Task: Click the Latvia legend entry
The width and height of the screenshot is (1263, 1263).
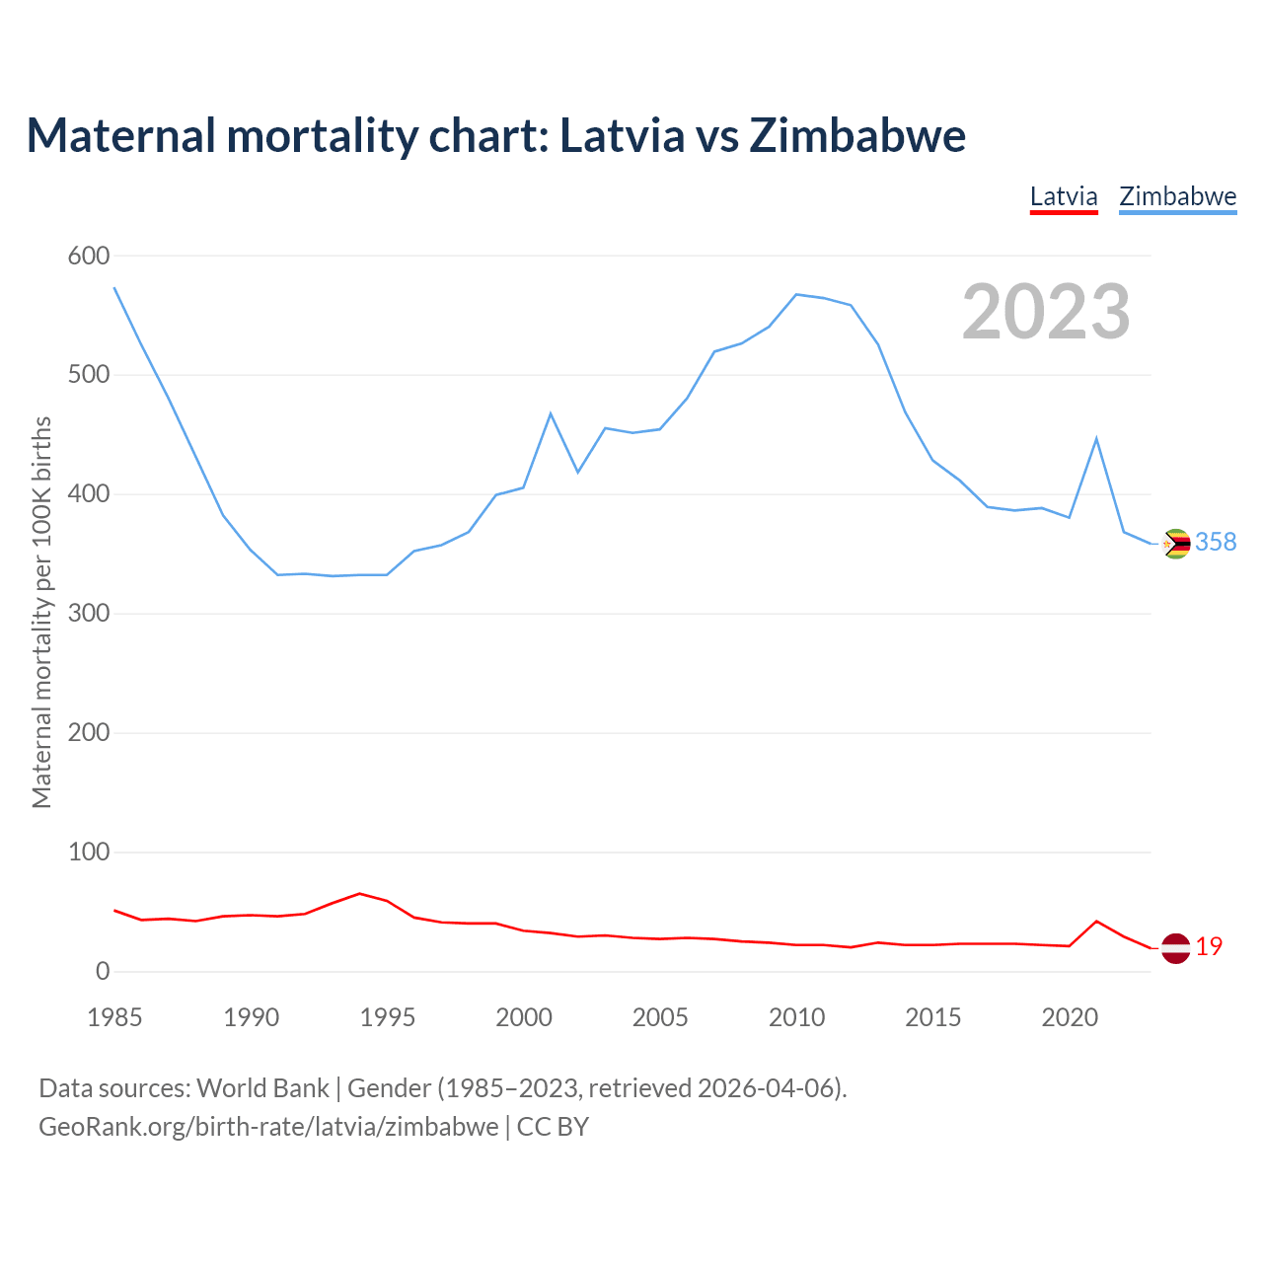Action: pyautogui.click(x=1064, y=196)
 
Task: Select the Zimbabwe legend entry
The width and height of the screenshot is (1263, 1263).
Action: pyautogui.click(x=1177, y=196)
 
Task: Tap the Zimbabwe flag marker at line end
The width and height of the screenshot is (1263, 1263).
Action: pyautogui.click(x=1175, y=544)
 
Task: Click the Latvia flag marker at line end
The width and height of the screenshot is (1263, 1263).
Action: pyautogui.click(x=1175, y=948)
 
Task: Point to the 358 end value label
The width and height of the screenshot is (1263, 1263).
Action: pyautogui.click(x=1216, y=543)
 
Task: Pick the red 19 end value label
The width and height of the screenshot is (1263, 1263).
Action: pyautogui.click(x=1209, y=947)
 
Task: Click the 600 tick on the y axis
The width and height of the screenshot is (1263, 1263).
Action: pyautogui.click(x=88, y=257)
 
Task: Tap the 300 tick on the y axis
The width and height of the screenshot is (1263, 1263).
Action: pyautogui.click(x=88, y=614)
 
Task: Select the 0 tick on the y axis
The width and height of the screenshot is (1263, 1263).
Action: pyautogui.click(x=103, y=972)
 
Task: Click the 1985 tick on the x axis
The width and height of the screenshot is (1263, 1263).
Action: pyautogui.click(x=114, y=1017)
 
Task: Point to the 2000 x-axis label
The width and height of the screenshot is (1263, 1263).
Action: pyautogui.click(x=524, y=1017)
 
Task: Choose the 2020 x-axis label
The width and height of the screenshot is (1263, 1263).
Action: pyautogui.click(x=1070, y=1017)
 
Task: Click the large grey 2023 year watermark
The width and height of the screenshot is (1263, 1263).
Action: pyautogui.click(x=1046, y=312)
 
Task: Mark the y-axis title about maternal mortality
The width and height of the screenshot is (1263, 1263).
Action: pyautogui.click(x=41, y=613)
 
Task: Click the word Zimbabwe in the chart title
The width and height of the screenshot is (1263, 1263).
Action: pyautogui.click(x=857, y=135)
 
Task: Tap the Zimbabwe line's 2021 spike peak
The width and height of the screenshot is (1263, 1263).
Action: pyautogui.click(x=1096, y=438)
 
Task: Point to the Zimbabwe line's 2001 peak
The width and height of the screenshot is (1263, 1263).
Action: pyautogui.click(x=551, y=413)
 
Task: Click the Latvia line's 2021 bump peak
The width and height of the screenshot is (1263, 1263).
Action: pyautogui.click(x=1096, y=922)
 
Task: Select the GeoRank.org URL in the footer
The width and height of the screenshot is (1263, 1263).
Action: pyautogui.click(x=268, y=1127)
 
